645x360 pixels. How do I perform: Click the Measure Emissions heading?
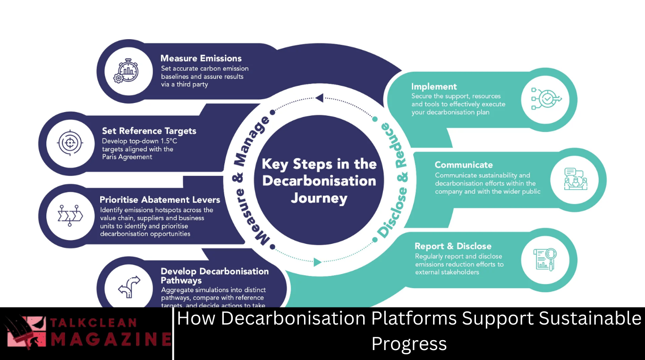tap(201, 59)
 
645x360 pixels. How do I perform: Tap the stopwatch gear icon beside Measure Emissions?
tap(126, 70)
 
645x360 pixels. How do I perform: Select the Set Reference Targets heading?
tap(149, 131)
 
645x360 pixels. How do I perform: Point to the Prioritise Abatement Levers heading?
tap(160, 200)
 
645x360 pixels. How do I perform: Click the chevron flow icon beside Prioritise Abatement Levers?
tap(70, 215)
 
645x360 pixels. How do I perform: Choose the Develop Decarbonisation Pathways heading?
tap(214, 276)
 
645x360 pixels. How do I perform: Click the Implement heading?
tap(434, 86)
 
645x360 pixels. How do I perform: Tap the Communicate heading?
tap(463, 165)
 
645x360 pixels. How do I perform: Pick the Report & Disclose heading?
tap(453, 246)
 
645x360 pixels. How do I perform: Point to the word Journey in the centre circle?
tap(319, 198)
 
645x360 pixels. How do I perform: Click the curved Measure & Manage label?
tap(250, 180)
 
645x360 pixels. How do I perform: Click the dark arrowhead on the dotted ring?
tap(319, 98)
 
